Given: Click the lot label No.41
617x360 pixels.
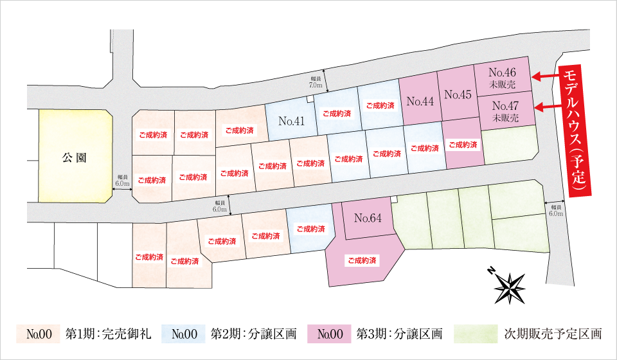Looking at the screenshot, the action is click(292, 122).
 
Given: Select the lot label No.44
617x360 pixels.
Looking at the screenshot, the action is click(420, 102).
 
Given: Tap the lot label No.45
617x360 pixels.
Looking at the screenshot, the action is click(458, 94).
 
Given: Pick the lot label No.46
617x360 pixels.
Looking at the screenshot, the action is click(502, 73).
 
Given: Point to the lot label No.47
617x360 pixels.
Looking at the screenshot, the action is click(505, 106).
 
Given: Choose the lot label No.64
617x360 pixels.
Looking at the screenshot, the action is click(368, 218).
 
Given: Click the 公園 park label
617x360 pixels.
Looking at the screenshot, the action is click(75, 158).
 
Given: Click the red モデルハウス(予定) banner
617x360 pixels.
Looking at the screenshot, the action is click(575, 131).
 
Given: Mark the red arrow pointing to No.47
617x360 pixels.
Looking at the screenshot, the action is click(548, 107).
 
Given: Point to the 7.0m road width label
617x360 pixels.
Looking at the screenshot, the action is click(316, 82).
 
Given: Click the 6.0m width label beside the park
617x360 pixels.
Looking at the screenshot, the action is click(122, 181).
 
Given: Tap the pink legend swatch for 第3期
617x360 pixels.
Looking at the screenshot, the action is click(330, 334).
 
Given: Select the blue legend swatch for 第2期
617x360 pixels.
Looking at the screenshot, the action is click(184, 334).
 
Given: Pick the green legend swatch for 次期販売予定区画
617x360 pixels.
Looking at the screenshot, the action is click(476, 334).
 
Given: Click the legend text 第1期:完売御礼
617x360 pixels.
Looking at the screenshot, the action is click(108, 334).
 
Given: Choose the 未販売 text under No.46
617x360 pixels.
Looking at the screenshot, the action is click(502, 84).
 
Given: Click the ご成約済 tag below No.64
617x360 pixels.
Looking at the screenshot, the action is click(362, 260).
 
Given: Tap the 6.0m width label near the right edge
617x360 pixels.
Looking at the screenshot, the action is click(555, 210).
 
